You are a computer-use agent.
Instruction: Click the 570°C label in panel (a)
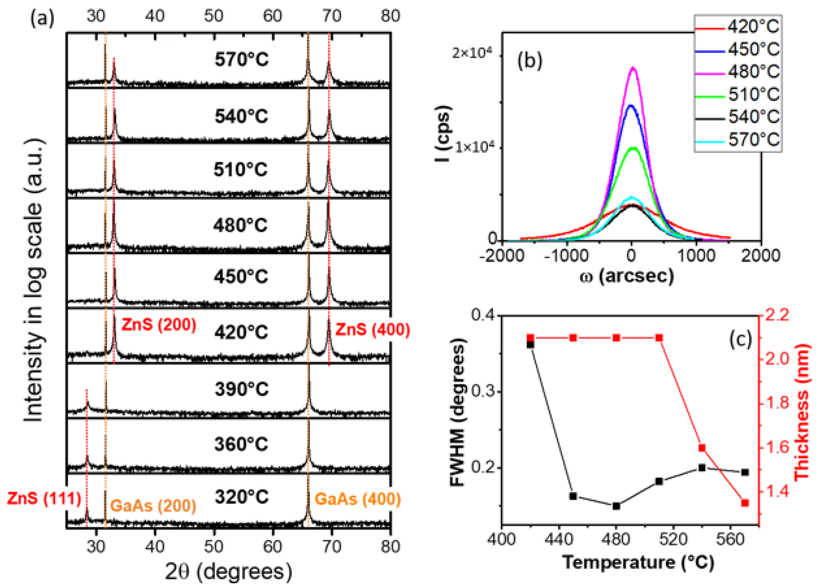(x=241, y=60)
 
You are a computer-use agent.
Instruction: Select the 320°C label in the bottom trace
(x=241, y=497)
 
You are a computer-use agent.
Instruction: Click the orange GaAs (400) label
(x=357, y=499)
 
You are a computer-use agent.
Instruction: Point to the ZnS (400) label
(x=373, y=330)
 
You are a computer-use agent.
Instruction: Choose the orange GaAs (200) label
(x=153, y=506)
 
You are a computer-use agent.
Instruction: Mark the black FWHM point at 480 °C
(x=616, y=506)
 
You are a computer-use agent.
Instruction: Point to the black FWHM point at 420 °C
(x=530, y=344)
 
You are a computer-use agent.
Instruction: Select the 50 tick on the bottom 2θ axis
(x=214, y=547)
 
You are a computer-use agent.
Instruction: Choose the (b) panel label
(x=529, y=61)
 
